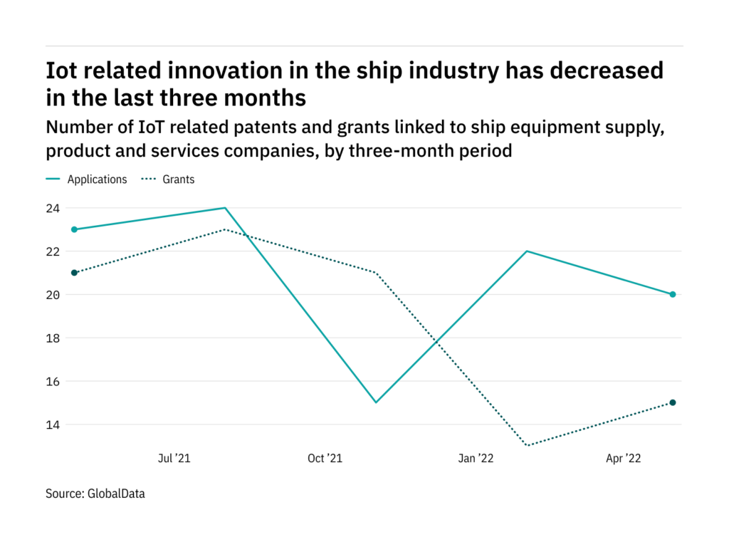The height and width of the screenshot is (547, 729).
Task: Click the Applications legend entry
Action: pyautogui.click(x=97, y=179)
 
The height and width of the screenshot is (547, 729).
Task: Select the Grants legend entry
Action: pyautogui.click(x=178, y=179)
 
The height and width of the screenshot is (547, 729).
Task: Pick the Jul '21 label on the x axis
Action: pyautogui.click(x=174, y=459)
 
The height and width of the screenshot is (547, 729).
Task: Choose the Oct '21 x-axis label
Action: pyautogui.click(x=325, y=459)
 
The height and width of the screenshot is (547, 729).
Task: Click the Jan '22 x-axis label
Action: pyautogui.click(x=476, y=459)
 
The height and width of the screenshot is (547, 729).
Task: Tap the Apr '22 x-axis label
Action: pyautogui.click(x=624, y=459)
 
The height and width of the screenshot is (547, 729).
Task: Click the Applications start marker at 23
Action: pyautogui.click(x=74, y=229)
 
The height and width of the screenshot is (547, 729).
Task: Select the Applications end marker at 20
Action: pyautogui.click(x=673, y=294)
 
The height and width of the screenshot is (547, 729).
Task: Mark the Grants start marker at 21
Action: pyautogui.click(x=74, y=273)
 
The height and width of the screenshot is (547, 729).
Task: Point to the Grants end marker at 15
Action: pyautogui.click(x=673, y=402)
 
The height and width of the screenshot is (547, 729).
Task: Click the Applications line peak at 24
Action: pyautogui.click(x=225, y=208)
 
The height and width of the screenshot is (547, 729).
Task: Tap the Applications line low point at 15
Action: pyautogui.click(x=375, y=402)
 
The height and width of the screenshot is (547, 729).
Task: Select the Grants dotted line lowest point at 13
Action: pyautogui.click(x=526, y=446)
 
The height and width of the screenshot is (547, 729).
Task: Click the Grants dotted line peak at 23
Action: pyautogui.click(x=225, y=229)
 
